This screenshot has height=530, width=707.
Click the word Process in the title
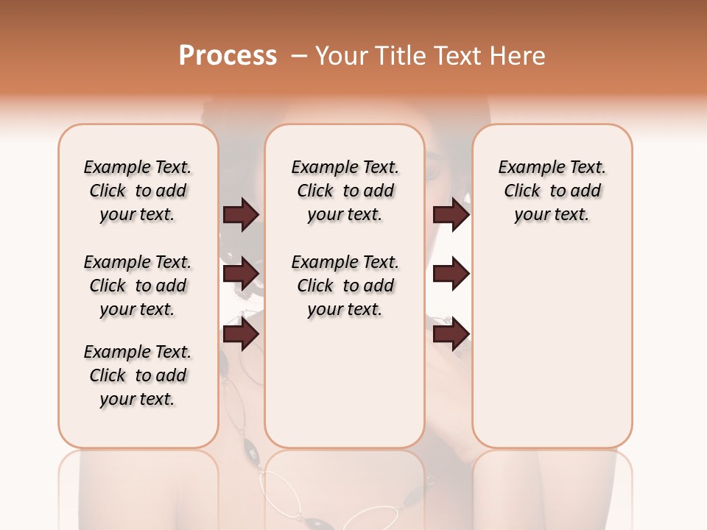coord(228,56)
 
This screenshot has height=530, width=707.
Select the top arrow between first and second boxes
coord(241,214)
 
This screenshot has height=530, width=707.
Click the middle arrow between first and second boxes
coord(241,274)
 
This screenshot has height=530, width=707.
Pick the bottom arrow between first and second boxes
coord(241,334)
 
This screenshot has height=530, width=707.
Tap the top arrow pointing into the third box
coord(451,214)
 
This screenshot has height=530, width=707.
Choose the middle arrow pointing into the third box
coord(451,274)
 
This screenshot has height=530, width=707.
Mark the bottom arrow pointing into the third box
coord(451,334)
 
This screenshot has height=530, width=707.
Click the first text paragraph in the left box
coord(138,191)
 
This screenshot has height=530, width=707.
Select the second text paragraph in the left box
coord(138,286)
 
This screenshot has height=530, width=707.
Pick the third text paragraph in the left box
coord(138,375)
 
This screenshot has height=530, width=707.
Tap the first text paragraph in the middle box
coord(345,191)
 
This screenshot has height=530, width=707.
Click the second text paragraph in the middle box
coord(345,286)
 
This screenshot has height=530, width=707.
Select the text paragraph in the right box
coord(552,191)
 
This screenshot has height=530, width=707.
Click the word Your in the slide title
coord(342,56)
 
